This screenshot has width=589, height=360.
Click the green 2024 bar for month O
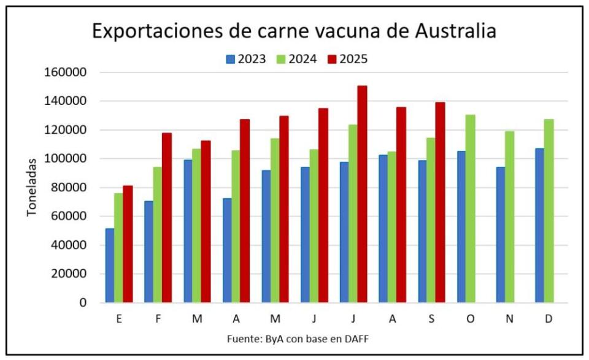coord(470,209)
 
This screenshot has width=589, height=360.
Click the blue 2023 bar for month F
coord(149,251)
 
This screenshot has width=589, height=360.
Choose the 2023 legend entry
coord(245,59)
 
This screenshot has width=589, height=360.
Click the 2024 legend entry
coord(296,59)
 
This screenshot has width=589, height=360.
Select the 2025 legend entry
coord(347,59)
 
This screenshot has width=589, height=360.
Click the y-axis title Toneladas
coord(32,187)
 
